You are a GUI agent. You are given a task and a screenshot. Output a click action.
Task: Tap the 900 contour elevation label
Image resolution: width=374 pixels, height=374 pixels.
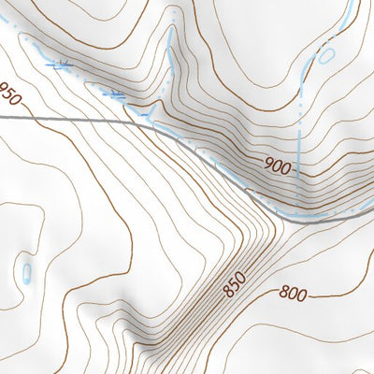(x=278, y=168)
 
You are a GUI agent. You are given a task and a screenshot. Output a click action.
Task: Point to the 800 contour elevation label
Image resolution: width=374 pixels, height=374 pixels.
(x=293, y=295)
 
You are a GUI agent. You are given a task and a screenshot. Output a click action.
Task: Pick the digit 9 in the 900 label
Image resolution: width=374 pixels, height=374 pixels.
(x=268, y=168)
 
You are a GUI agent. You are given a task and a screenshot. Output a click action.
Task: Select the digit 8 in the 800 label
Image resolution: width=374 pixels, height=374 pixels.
(x=283, y=295)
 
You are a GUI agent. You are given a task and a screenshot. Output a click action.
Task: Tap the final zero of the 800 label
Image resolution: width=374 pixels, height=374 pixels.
(x=302, y=295)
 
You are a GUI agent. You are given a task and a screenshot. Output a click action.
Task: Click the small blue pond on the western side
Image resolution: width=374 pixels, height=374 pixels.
(x=26, y=272)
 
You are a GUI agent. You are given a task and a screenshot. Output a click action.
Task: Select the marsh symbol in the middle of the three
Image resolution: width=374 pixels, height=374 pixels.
(x=115, y=94)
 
